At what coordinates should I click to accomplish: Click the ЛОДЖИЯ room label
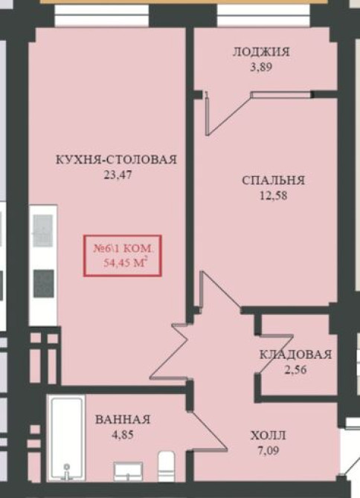260,52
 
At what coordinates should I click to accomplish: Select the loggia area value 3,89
260,66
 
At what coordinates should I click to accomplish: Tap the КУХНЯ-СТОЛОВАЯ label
116,160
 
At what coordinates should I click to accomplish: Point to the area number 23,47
116,175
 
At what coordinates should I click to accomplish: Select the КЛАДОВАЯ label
295,355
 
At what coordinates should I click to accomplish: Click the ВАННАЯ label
123,420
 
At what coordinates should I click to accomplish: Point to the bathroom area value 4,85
123,435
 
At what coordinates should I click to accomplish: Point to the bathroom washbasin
132,470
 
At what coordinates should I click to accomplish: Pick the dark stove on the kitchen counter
44,282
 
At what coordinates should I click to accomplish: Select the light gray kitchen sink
43,225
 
